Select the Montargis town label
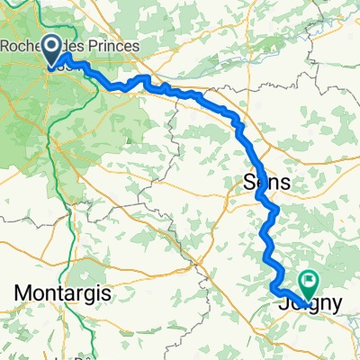60,294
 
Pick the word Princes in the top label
109,45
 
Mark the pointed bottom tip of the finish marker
309,298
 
